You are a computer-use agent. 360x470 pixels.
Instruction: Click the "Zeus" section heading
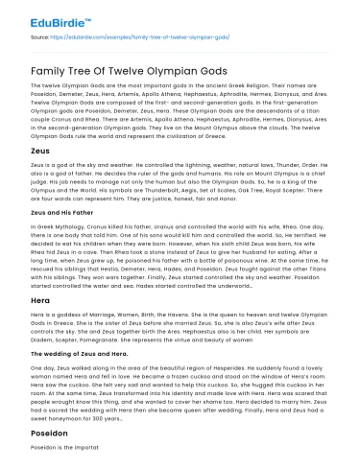(x=26, y=152)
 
